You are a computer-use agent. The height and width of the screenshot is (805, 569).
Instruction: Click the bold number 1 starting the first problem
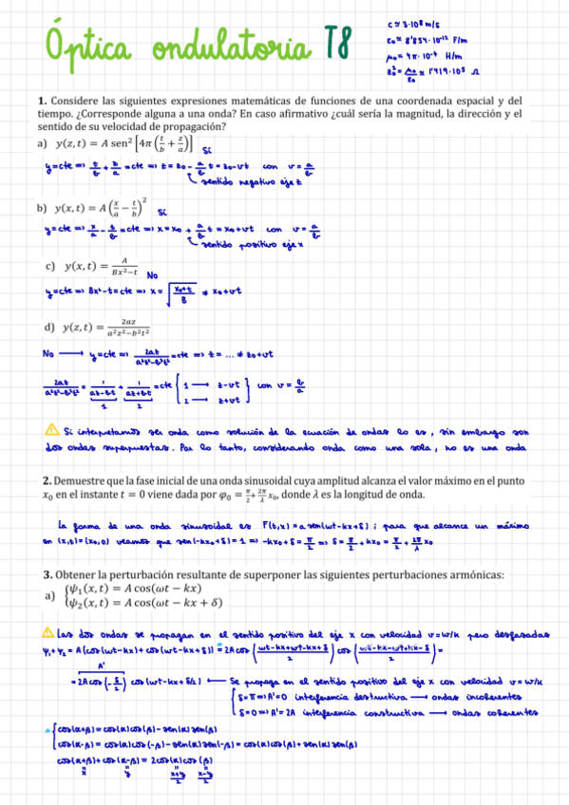(42, 100)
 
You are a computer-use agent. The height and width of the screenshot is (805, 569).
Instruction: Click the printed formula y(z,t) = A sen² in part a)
(123, 144)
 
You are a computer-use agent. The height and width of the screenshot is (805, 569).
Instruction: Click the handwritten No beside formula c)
(152, 275)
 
